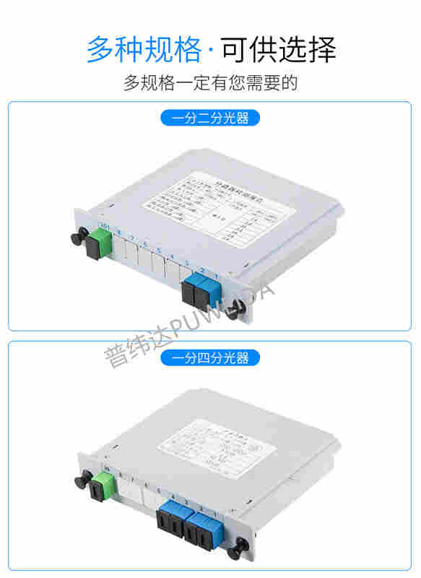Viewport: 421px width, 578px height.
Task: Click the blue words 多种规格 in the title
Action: click(144, 49)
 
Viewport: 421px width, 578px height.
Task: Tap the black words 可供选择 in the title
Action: click(279, 49)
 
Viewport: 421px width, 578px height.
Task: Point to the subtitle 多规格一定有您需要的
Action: click(210, 83)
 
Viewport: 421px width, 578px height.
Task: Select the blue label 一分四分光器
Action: click(209, 358)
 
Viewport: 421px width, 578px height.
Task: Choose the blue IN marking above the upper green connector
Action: click(105, 227)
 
